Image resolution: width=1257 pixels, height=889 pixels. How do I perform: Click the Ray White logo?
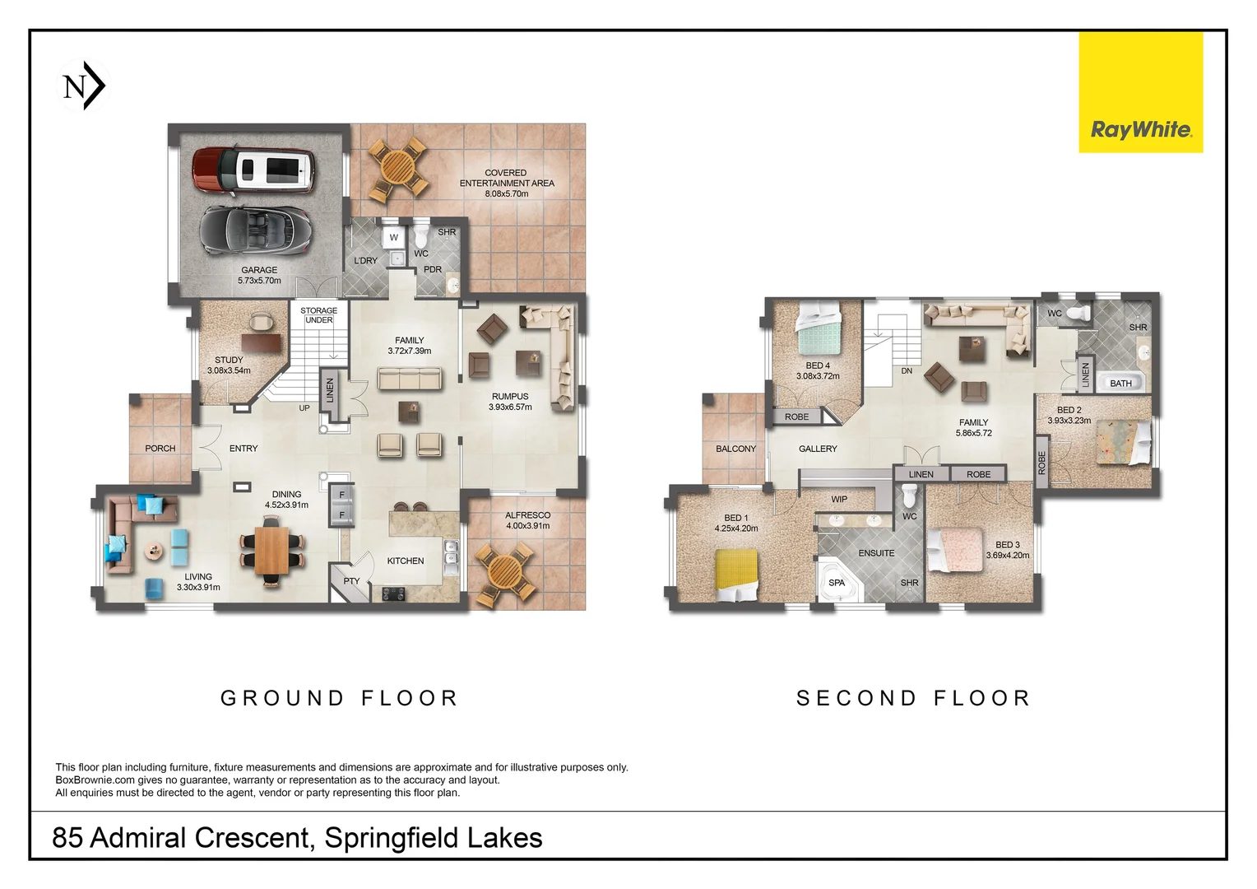1140,92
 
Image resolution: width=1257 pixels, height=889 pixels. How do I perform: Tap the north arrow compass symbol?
84,86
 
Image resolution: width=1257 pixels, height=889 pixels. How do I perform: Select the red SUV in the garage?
253,170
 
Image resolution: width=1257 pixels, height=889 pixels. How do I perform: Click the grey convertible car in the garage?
256,230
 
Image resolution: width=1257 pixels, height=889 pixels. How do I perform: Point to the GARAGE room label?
259,270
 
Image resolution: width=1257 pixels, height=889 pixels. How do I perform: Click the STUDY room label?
229,360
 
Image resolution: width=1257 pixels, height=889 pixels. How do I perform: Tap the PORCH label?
160,449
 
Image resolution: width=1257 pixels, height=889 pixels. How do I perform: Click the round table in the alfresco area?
501,571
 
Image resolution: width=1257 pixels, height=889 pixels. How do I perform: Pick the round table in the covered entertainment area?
397,169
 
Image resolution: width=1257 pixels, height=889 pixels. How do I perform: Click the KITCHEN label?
406,561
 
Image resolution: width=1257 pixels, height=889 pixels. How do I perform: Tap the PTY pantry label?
351,581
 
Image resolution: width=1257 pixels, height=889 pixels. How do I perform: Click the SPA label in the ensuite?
837,583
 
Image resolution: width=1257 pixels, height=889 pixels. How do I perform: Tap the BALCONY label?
735,449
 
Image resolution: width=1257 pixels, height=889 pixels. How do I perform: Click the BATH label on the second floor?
1120,384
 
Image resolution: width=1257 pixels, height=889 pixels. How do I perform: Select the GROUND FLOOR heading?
339,698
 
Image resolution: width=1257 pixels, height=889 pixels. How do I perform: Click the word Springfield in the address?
392,838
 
